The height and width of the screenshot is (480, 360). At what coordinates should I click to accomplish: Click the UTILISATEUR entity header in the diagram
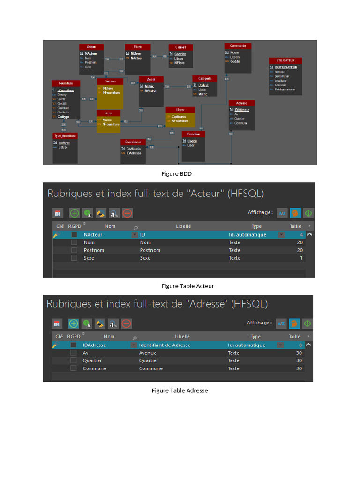[x=285, y=60]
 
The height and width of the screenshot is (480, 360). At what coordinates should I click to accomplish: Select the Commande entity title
[x=238, y=46]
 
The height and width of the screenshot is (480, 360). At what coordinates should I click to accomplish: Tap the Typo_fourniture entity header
[x=65, y=136]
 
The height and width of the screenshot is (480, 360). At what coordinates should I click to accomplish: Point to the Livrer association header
[x=180, y=110]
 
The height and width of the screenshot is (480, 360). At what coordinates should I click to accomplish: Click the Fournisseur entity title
[x=133, y=142]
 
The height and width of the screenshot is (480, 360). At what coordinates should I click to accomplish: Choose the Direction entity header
[x=193, y=134]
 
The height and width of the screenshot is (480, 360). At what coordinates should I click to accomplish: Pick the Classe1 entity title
[x=180, y=47]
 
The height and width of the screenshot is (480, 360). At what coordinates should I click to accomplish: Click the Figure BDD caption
[x=176, y=174]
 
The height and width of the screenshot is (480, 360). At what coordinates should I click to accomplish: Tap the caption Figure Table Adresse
[x=180, y=390]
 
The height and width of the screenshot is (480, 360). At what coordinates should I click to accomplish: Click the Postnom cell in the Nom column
[x=94, y=250]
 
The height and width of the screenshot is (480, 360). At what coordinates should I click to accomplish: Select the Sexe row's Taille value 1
[x=301, y=258]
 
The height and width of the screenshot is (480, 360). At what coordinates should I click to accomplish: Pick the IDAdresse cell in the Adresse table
[x=94, y=345]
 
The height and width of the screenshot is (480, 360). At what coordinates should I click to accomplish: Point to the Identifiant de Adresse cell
[x=165, y=345]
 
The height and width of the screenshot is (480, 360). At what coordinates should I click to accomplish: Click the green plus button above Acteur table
[x=74, y=213]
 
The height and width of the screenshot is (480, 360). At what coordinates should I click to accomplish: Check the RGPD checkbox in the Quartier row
[x=73, y=360]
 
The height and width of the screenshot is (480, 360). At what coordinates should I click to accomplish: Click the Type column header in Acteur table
[x=256, y=226]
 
